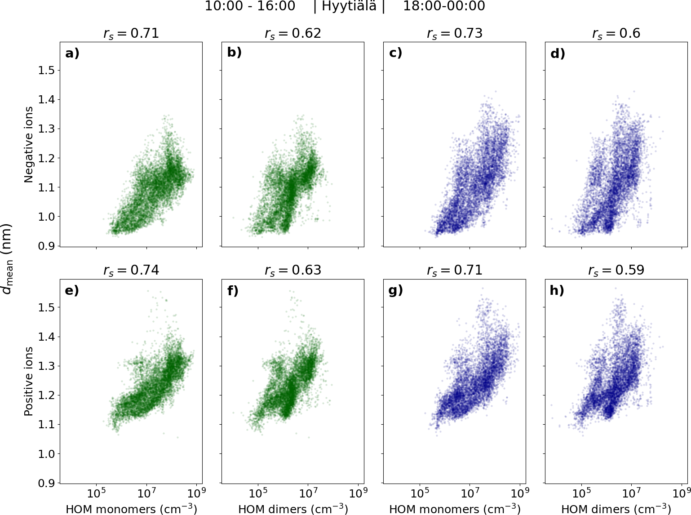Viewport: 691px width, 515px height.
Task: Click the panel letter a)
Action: (72, 53)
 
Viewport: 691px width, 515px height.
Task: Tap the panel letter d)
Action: (558, 53)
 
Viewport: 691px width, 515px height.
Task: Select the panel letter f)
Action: (233, 290)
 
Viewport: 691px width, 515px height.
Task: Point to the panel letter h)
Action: (557, 290)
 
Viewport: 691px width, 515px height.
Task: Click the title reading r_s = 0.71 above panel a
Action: (131, 34)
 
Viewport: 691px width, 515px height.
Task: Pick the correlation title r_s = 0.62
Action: (292, 34)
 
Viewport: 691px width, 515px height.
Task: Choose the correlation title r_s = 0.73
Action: (454, 34)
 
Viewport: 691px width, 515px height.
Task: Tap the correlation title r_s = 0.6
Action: (616, 34)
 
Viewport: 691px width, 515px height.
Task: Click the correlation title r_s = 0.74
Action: (131, 270)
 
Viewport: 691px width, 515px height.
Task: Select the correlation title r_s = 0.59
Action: (616, 270)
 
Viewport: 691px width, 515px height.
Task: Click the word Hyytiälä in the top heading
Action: (349, 6)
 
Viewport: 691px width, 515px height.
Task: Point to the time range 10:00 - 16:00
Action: (250, 6)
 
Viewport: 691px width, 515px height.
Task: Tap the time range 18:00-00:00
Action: (444, 6)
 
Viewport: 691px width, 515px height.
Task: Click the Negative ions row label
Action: (29, 145)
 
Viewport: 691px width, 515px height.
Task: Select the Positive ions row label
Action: (29, 381)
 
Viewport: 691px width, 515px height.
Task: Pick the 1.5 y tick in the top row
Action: (46, 71)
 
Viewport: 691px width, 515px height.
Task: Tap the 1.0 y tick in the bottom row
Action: (46, 454)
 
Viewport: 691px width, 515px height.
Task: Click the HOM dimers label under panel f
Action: (293, 509)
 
